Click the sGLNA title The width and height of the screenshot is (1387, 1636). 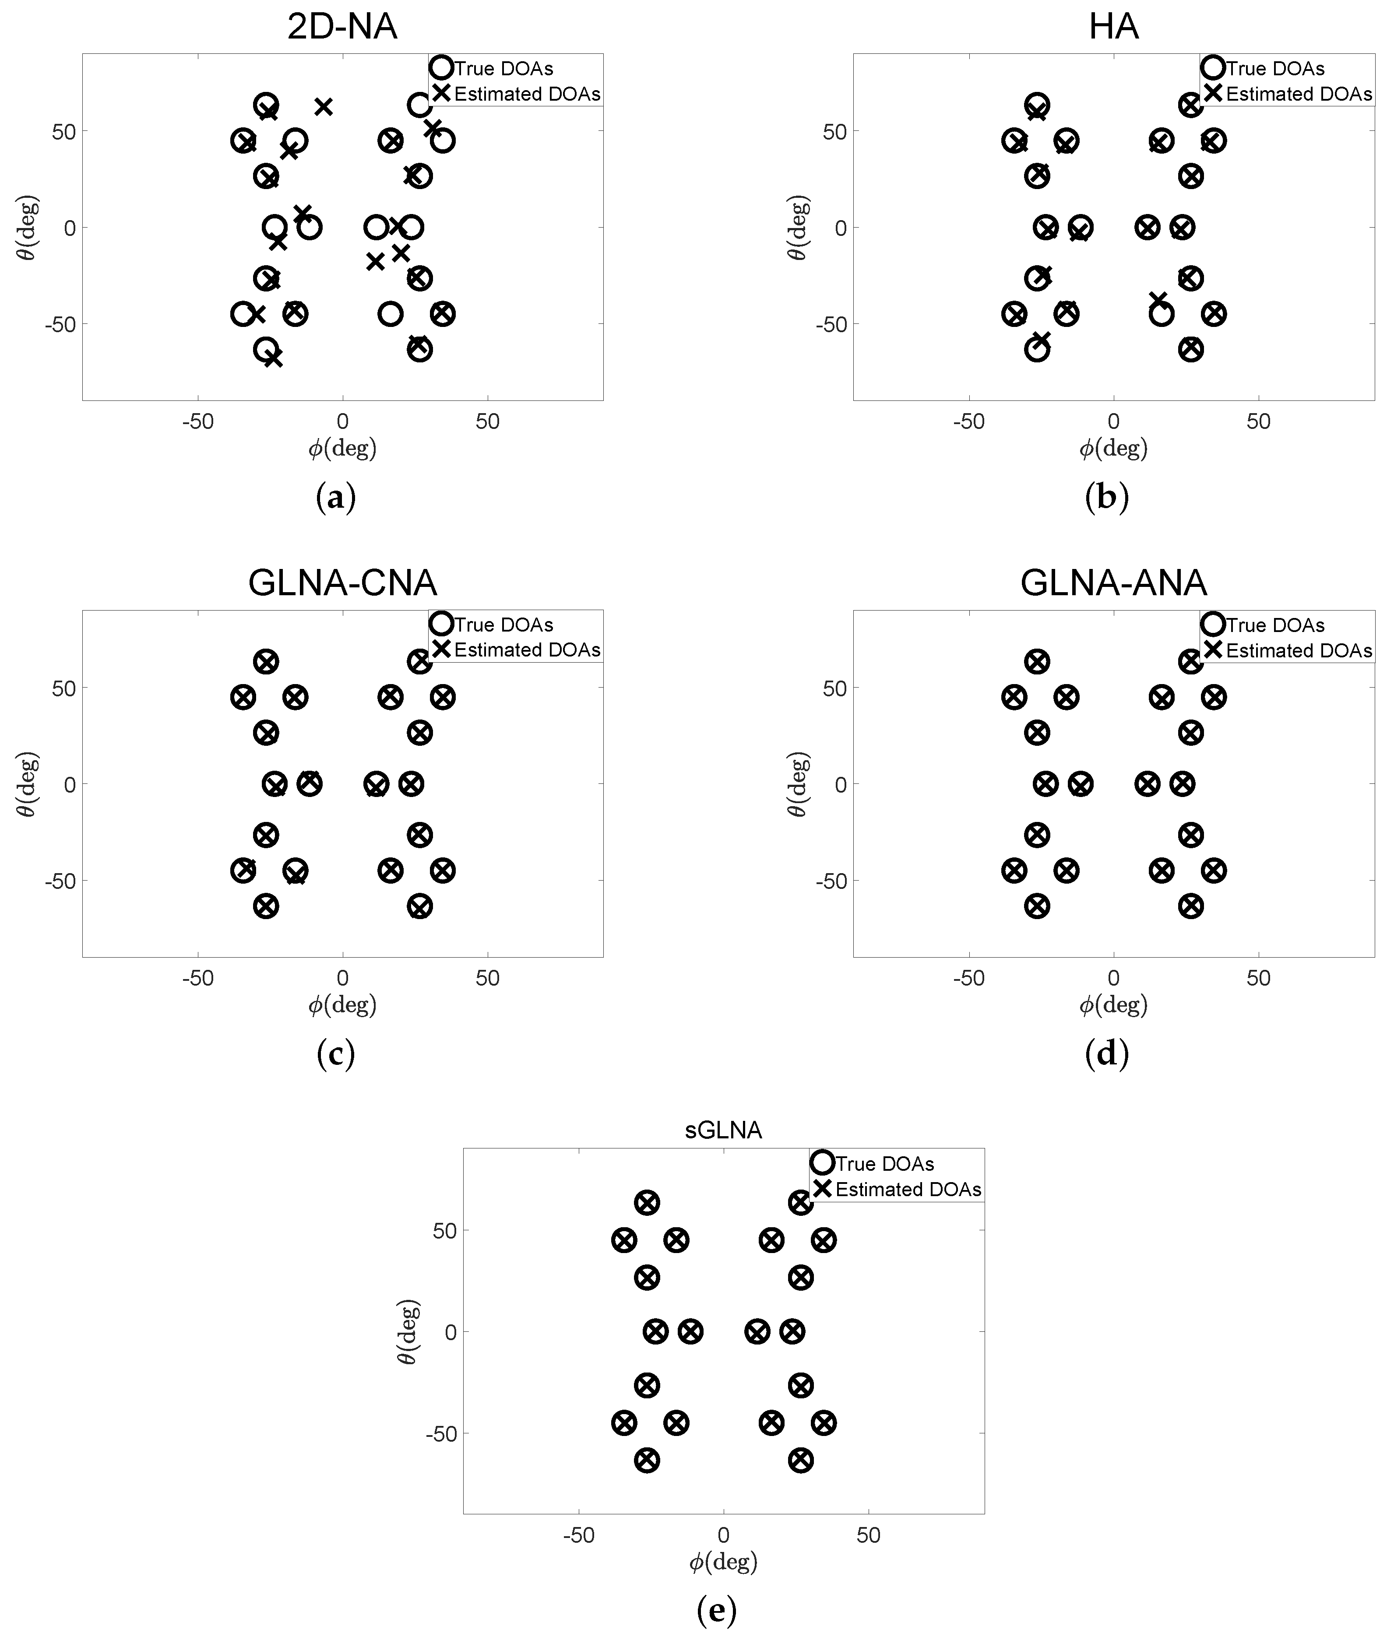723,1130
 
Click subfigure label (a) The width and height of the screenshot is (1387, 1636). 336,498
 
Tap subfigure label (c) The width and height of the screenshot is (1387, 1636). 336,1054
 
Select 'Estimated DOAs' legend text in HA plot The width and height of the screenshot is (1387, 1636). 1299,95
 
